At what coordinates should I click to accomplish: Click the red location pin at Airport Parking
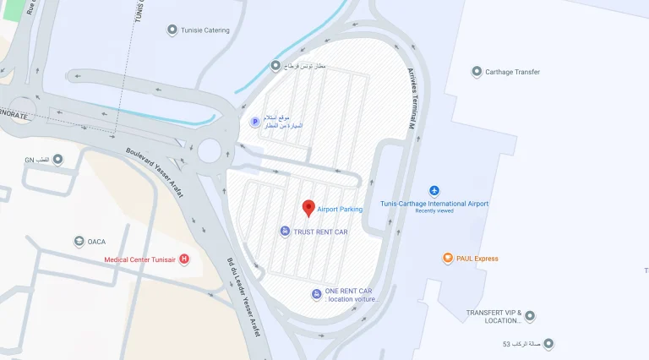pyautogui.click(x=308, y=207)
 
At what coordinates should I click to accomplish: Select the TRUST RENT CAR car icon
pyautogui.click(x=286, y=232)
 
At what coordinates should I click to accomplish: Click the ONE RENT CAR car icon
pyautogui.click(x=316, y=293)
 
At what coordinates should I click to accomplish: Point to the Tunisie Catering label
pyautogui.click(x=205, y=30)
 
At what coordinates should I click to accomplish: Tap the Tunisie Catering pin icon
pyautogui.click(x=172, y=30)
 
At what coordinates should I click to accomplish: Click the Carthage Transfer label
pyautogui.click(x=512, y=72)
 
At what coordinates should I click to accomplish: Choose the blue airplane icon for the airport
pyautogui.click(x=434, y=190)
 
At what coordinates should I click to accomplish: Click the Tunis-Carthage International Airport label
pyautogui.click(x=434, y=204)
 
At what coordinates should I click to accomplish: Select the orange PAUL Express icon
pyautogui.click(x=448, y=259)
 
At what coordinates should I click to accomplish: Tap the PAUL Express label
pyautogui.click(x=477, y=259)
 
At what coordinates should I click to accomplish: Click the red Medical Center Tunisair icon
pyautogui.click(x=184, y=259)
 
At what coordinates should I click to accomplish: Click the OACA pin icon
pyautogui.click(x=79, y=242)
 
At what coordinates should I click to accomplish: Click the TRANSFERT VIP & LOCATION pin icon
pyautogui.click(x=530, y=316)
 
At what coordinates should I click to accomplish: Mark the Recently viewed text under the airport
pyautogui.click(x=434, y=211)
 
